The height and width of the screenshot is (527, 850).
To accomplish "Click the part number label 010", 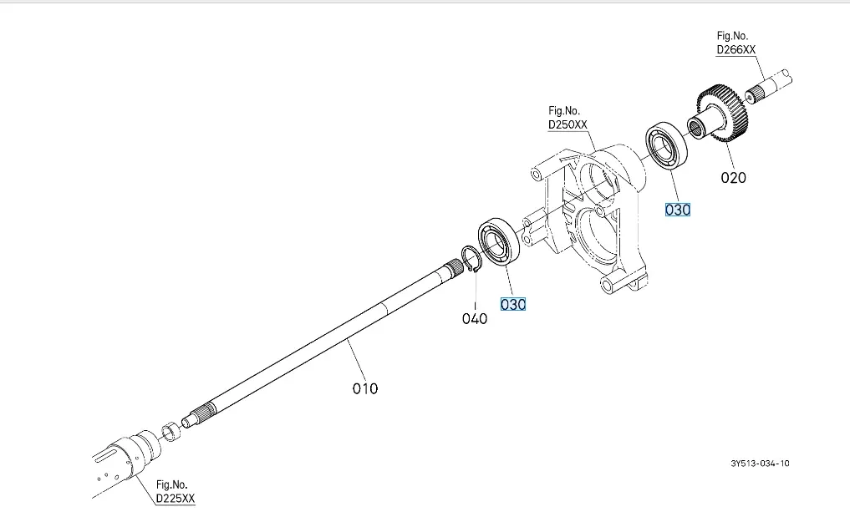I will pos(365,388).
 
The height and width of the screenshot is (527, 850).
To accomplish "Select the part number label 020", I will pos(733,177).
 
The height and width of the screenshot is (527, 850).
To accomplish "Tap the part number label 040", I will pos(475,318).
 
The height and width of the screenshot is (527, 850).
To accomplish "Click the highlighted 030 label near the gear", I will pos(677,210).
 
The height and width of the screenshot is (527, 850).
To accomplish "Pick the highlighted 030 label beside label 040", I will pos(513,305).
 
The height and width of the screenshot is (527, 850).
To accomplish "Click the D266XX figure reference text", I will pos(735,50).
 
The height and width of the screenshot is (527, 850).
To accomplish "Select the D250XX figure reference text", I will pos(568,124).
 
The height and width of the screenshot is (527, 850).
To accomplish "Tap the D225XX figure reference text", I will pos(177,499).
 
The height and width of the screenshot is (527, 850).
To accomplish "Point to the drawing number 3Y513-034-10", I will pos(759,464).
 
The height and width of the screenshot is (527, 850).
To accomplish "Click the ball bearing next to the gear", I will pos(665,147).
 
